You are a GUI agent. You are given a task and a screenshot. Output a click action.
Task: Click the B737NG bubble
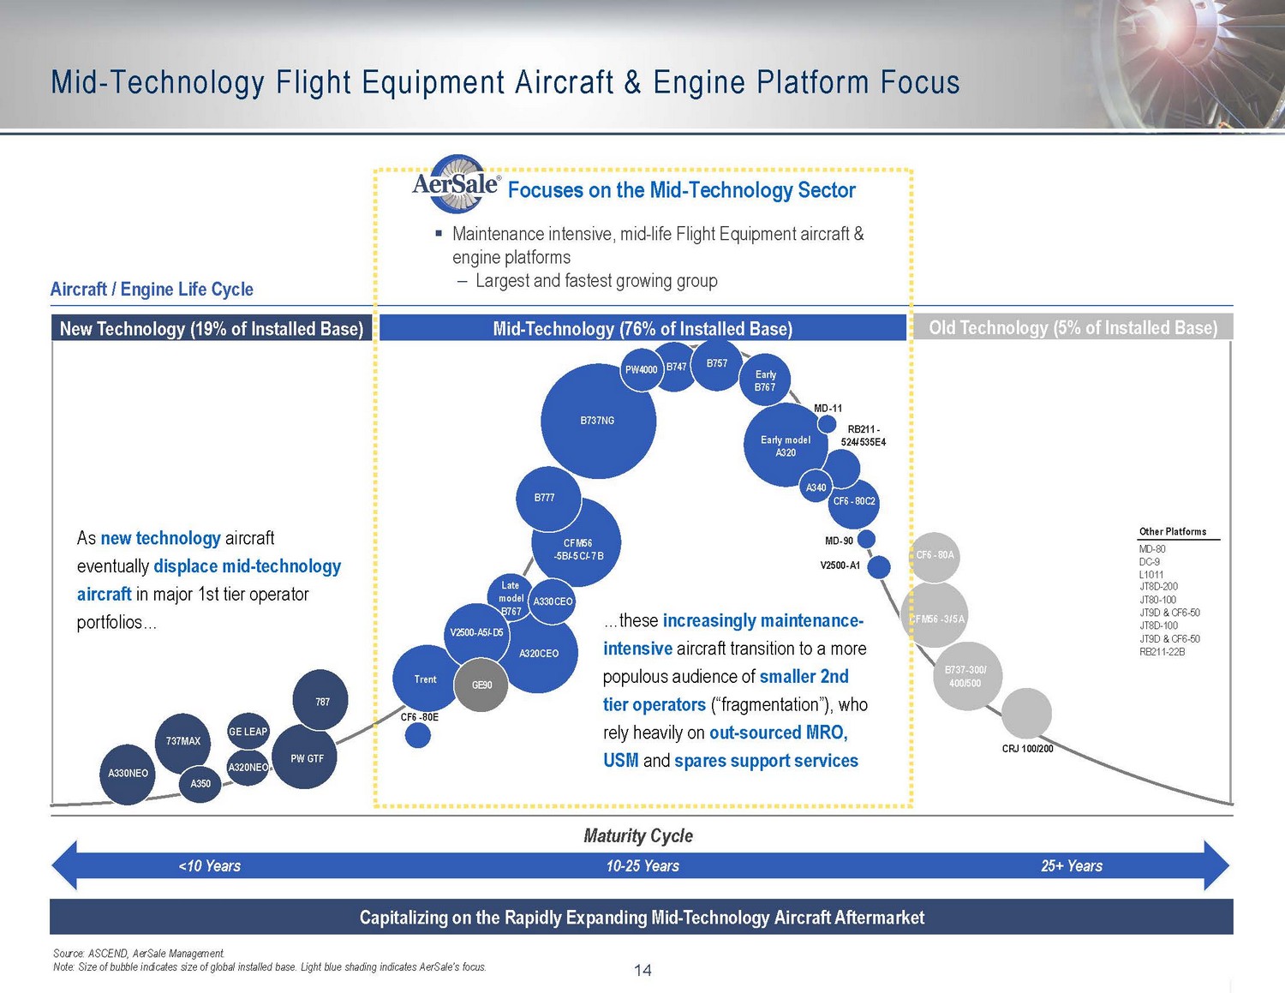click(598, 421)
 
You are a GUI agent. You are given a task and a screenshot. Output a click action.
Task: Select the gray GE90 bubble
click(481, 685)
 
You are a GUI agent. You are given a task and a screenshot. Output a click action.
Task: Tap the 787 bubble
click(320, 700)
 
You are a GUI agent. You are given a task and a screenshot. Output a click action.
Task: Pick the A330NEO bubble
click(127, 775)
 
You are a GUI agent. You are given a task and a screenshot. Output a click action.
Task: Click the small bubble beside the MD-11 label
click(827, 424)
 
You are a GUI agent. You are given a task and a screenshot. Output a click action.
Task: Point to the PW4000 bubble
click(642, 369)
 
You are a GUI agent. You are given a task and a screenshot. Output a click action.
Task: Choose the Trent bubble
click(425, 679)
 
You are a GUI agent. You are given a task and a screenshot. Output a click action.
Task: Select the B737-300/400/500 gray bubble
click(967, 676)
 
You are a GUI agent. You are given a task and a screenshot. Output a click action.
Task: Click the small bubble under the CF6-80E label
click(417, 736)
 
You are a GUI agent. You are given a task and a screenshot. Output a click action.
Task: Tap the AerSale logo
click(457, 184)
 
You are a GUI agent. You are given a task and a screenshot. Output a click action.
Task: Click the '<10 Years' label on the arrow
click(209, 866)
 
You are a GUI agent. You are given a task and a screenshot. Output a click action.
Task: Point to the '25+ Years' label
click(1072, 866)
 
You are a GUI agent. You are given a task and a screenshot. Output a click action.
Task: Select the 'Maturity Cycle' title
click(638, 835)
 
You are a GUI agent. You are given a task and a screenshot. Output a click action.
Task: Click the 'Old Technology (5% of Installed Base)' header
click(1073, 327)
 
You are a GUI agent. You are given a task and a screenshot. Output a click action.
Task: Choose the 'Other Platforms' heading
click(1173, 531)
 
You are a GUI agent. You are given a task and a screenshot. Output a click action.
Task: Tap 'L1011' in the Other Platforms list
click(1151, 574)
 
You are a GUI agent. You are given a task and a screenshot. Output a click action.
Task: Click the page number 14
click(642, 970)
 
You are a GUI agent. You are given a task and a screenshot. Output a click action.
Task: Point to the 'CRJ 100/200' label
click(1027, 749)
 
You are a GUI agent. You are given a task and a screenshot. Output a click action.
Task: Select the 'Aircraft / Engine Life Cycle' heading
click(152, 290)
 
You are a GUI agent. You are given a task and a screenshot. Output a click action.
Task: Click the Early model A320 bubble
click(786, 446)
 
